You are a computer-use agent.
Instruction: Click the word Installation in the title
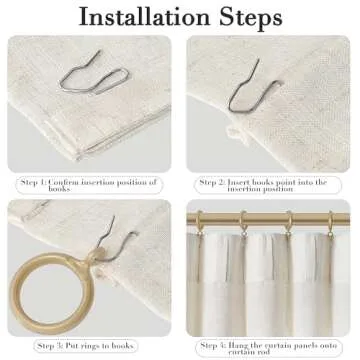[144, 17]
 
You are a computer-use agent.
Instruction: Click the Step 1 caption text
[88, 185]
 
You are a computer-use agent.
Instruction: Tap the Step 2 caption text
[263, 185]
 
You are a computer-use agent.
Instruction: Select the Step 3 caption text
[86, 346]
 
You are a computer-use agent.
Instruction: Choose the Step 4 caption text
[268, 348]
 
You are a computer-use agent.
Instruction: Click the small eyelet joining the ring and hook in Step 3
[95, 255]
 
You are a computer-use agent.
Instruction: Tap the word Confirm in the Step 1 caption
[64, 182]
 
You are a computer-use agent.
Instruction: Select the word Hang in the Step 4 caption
[237, 345]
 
